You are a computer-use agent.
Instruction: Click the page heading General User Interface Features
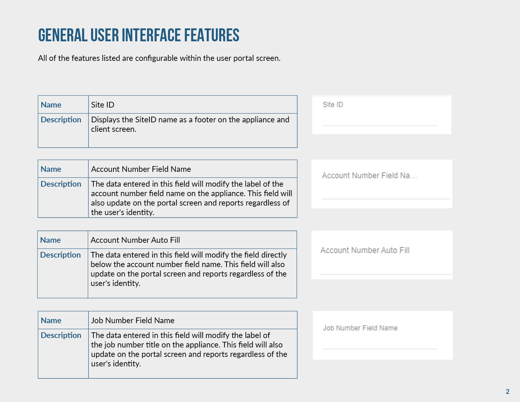pos(139,35)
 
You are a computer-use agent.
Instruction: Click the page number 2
pos(508,392)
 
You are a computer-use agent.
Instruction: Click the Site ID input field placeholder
pos(333,105)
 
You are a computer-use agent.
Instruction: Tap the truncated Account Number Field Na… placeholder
pos(369,176)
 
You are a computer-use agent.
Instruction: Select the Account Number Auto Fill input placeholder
pos(365,250)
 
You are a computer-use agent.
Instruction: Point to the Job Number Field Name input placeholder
pos(360,328)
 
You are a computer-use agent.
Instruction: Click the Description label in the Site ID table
pos(61,120)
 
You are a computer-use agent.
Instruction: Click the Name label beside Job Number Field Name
pos(51,320)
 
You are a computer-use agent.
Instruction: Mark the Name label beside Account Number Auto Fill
pos(50,240)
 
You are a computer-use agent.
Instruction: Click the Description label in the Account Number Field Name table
pos(61,184)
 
